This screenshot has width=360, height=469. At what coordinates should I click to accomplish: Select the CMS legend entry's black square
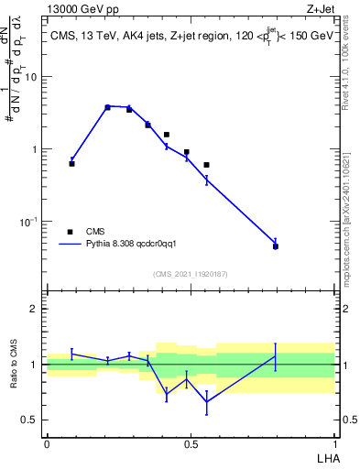pos(70,232)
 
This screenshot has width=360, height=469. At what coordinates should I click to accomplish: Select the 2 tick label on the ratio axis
pos(35,310)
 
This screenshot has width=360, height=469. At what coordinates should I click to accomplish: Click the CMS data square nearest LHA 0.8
pos(276,246)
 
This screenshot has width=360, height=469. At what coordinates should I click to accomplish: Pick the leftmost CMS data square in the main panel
pos(71,163)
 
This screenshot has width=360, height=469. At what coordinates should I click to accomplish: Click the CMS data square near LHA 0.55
pos(207,165)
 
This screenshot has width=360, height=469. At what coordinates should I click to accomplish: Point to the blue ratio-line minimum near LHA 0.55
pos(207,401)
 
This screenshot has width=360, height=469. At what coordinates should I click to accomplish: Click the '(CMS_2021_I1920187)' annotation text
pos(191,273)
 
